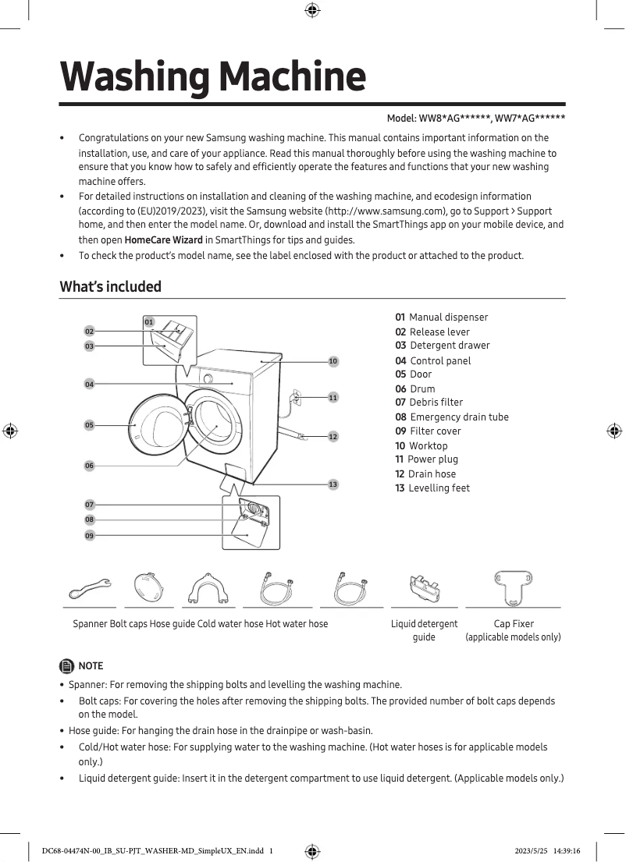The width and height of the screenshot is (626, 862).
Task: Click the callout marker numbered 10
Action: coord(333,361)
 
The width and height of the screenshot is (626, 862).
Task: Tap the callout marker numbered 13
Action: coord(333,484)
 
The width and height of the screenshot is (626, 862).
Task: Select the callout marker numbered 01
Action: coord(148,321)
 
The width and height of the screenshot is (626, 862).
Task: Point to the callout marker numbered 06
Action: coord(89,466)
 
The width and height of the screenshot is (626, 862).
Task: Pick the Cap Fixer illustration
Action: coord(513,587)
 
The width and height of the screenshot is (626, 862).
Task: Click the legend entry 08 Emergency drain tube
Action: coord(451,417)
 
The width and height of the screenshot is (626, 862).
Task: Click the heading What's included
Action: coord(111,286)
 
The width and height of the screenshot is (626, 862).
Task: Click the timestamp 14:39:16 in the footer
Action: coord(574,850)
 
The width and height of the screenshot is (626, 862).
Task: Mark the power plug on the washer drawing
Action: coord(295,396)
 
